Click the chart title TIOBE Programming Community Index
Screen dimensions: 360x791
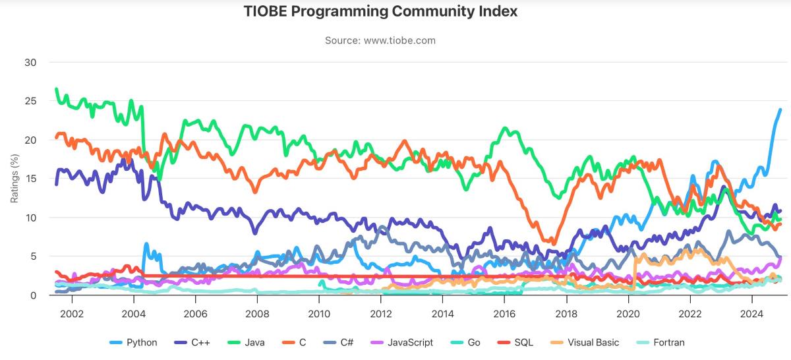380,12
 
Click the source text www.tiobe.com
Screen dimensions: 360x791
380,40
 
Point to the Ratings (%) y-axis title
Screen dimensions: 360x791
15,179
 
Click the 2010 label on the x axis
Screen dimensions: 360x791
318,314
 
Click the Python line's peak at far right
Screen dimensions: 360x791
780,109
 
